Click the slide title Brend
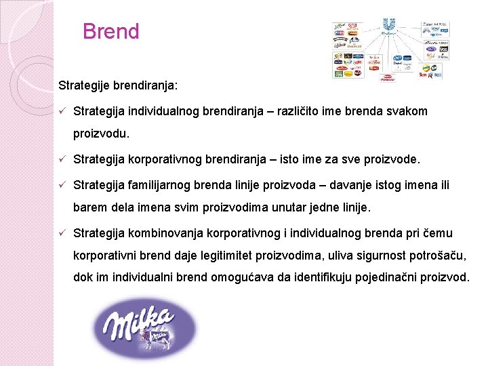(x=110, y=32)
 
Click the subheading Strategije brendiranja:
(x=119, y=86)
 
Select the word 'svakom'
(x=406, y=111)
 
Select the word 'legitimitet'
(x=211, y=256)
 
